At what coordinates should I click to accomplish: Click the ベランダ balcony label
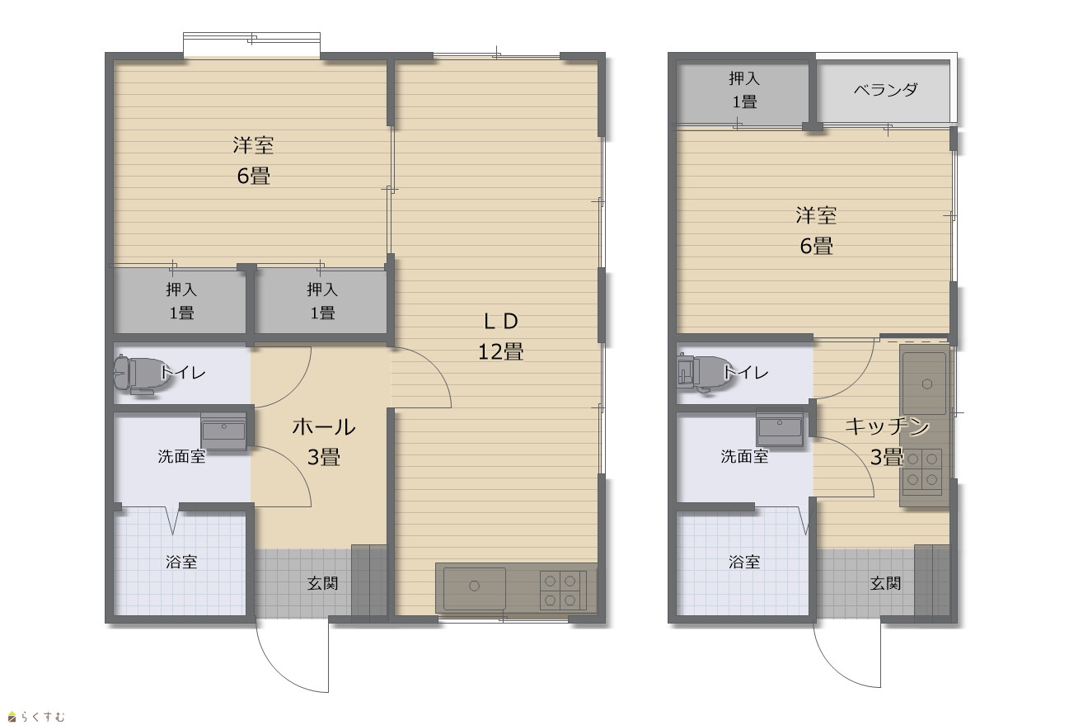tap(886, 90)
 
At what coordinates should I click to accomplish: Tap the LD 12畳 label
tap(500, 337)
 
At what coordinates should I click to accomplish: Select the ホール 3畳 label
tap(324, 442)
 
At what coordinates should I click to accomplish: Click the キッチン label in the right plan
tap(887, 426)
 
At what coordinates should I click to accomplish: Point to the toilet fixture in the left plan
tap(138, 374)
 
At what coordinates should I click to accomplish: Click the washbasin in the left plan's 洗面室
tap(223, 431)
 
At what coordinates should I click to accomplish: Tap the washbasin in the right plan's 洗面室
tap(780, 428)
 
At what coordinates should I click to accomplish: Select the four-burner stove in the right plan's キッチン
tap(922, 469)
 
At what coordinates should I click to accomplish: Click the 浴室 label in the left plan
tap(181, 562)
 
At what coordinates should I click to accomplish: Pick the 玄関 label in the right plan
tap(885, 583)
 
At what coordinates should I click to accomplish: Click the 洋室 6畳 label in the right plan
tap(816, 231)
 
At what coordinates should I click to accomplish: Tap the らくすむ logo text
tap(42, 717)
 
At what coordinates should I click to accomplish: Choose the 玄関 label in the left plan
tap(322, 583)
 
